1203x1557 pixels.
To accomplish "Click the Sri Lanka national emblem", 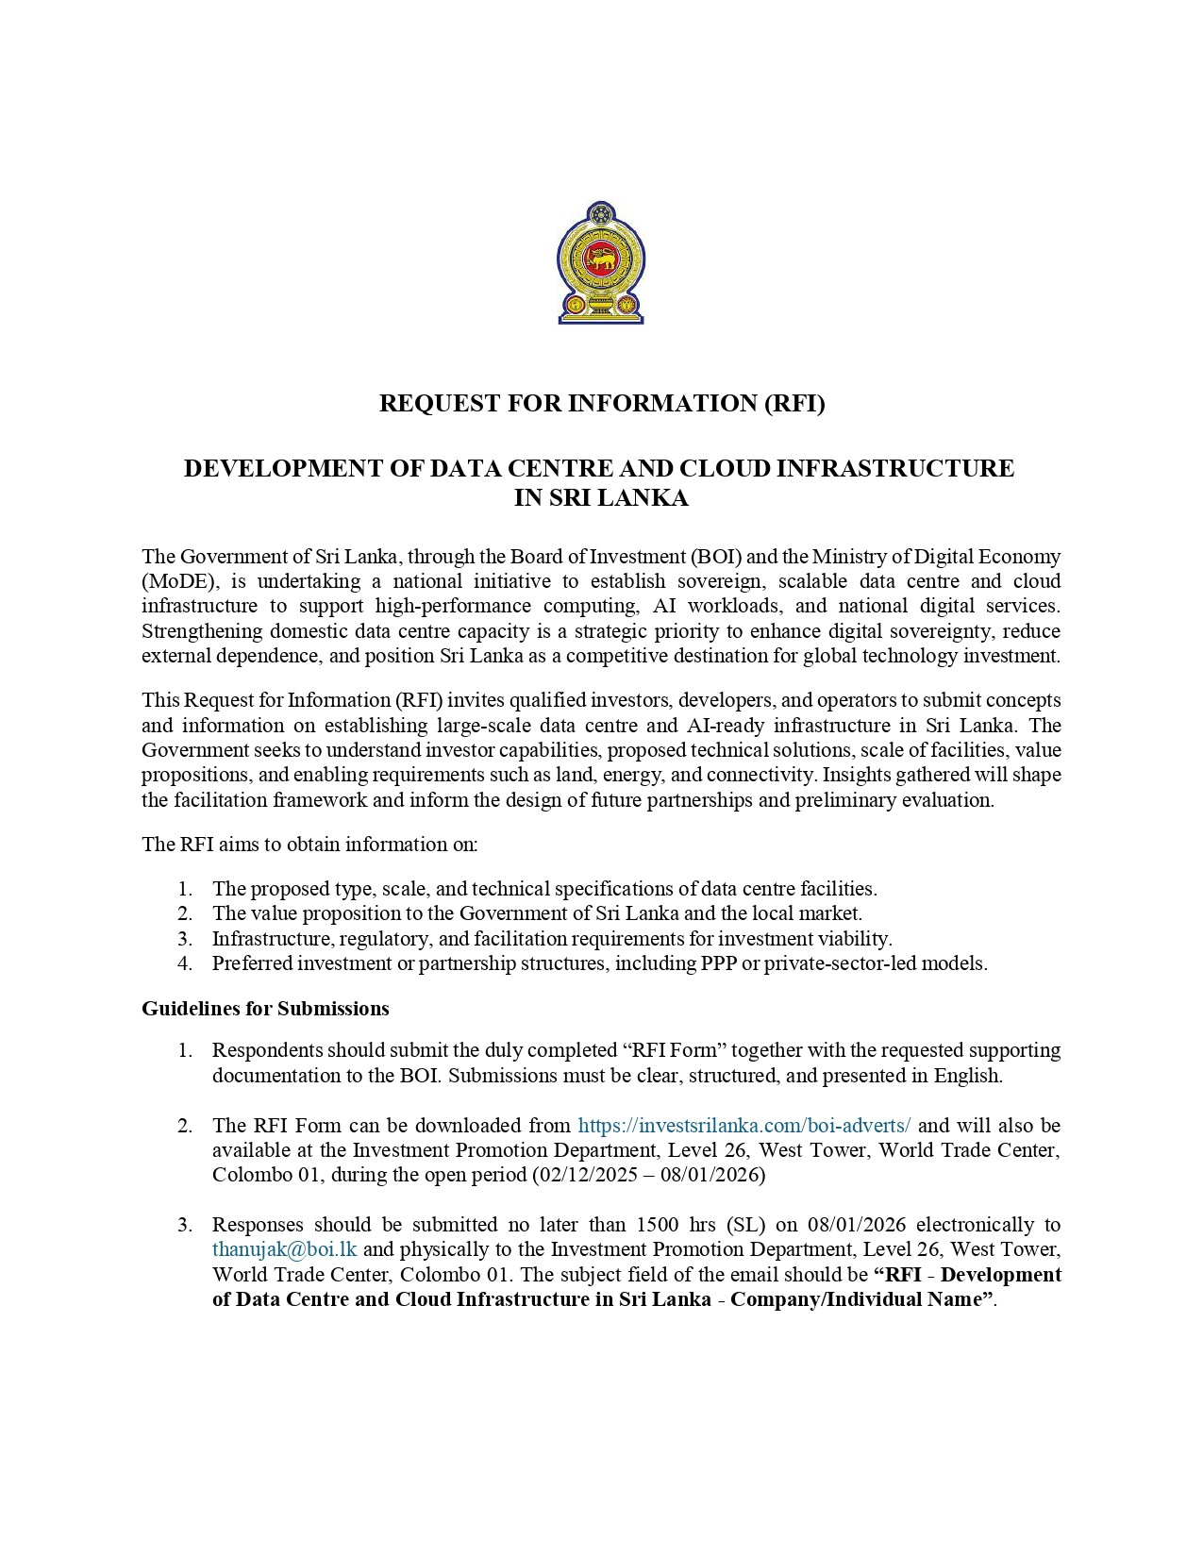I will coord(601,262).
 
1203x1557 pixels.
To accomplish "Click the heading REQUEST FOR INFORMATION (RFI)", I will coord(601,404).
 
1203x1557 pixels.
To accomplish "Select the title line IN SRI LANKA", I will coord(601,498).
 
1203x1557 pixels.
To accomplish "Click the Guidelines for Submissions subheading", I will coord(265,1009).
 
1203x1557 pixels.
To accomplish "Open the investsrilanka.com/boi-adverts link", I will coord(744,1126).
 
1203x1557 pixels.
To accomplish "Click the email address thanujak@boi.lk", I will coord(284,1249).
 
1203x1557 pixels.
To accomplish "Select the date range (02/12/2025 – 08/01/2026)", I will coord(649,1176).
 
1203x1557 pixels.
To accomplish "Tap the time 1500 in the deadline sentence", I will coord(659,1225).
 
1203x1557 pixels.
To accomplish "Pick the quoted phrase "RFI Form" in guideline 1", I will coord(676,1050).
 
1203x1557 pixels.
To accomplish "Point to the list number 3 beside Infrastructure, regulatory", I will coord(185,939).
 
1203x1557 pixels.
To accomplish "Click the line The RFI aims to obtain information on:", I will coord(309,845).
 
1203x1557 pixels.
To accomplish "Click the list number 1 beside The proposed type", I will coord(185,889).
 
